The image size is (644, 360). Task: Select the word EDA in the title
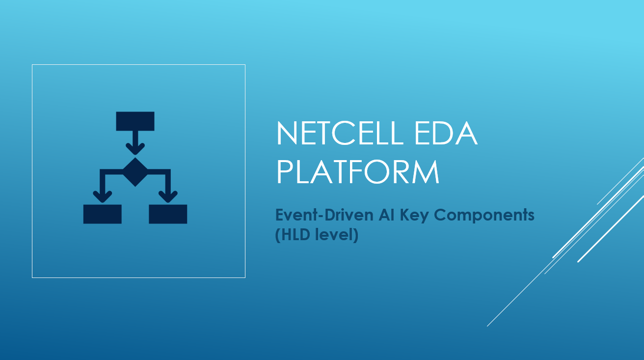click(x=446, y=133)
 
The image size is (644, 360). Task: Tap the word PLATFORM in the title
click(x=358, y=172)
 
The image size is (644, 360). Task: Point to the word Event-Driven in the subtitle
click(x=324, y=215)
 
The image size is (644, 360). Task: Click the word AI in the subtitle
click(x=387, y=215)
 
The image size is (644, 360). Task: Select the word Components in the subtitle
click(x=484, y=216)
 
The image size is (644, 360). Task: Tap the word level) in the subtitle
click(x=337, y=235)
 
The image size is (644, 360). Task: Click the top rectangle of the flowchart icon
click(x=135, y=121)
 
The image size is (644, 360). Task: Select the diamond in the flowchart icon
click(x=135, y=172)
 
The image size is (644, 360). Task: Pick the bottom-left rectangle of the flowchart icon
click(x=103, y=214)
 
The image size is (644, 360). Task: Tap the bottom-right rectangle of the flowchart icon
click(x=168, y=214)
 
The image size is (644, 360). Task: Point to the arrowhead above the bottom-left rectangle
click(x=103, y=197)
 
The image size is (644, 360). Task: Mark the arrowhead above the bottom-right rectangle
click(x=168, y=197)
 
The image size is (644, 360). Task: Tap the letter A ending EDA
click(x=467, y=133)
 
